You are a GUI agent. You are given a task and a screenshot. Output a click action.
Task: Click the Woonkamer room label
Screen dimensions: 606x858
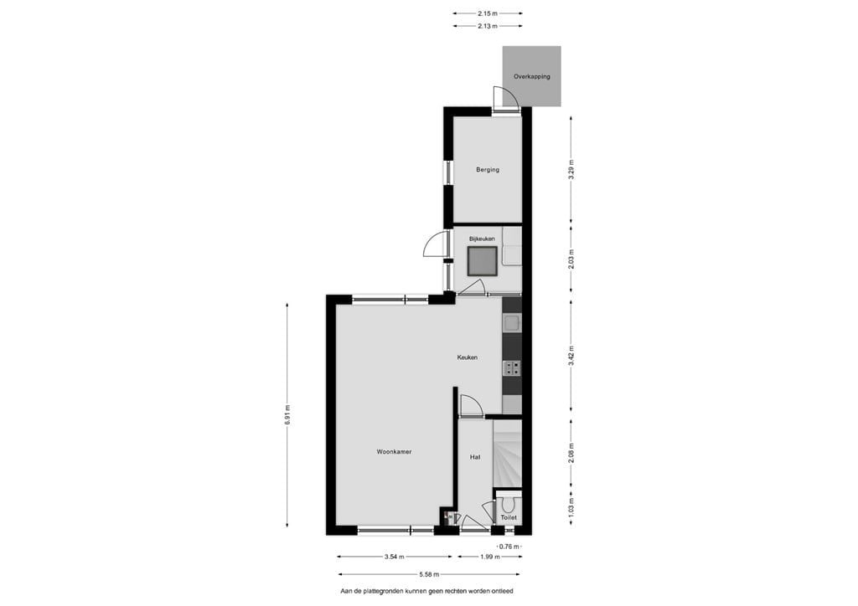tap(394, 452)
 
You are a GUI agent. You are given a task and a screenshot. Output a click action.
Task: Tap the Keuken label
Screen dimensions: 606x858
tap(467, 357)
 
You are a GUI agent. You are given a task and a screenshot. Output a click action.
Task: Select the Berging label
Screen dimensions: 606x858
tap(488, 170)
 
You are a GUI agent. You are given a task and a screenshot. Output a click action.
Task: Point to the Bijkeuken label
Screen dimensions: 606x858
tap(482, 239)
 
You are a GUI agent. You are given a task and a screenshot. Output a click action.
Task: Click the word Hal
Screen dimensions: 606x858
tap(475, 457)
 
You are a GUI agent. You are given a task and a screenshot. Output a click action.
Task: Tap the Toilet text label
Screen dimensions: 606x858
tap(509, 518)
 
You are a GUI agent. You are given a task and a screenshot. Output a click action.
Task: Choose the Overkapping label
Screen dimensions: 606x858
tap(532, 76)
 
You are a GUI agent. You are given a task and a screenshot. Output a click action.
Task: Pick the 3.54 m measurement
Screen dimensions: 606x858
tap(395, 557)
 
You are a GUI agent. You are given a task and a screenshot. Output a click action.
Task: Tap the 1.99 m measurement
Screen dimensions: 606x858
tap(489, 557)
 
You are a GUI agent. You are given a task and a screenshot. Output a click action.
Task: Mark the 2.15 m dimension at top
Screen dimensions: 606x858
tap(488, 13)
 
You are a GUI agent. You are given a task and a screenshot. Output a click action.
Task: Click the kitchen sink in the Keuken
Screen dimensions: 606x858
tap(511, 322)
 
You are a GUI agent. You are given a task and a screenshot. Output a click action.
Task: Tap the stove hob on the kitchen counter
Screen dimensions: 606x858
tap(511, 367)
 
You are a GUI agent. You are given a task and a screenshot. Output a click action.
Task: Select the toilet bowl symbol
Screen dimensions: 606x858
tap(509, 505)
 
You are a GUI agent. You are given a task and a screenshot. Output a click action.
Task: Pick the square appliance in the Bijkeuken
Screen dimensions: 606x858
tap(483, 262)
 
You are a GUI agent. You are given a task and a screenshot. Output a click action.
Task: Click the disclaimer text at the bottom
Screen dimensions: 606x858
tap(426, 591)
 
